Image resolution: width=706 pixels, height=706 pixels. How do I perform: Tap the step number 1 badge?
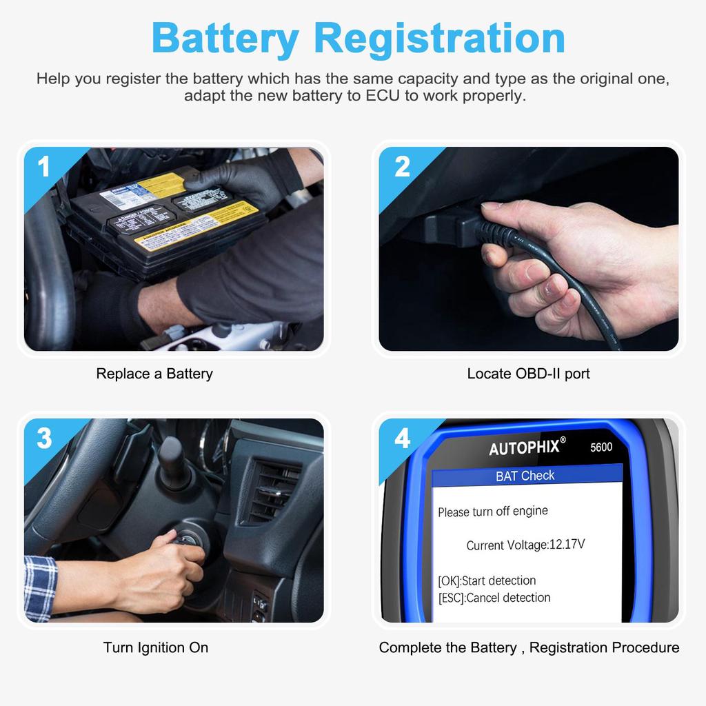pos(44,167)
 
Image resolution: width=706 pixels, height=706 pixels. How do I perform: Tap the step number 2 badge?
pos(402,167)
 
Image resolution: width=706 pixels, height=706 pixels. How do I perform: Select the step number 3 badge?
pos(44,438)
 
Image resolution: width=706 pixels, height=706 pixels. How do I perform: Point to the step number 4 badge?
pos(402,438)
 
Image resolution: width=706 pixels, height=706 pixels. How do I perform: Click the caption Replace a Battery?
pos(154,374)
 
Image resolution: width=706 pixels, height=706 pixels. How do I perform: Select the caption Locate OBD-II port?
pos(528,374)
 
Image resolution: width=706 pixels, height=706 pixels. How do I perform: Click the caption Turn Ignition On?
pos(156,647)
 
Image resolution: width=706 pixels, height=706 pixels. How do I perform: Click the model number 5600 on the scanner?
pos(601,447)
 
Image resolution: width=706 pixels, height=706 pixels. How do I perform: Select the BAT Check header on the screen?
pos(525,476)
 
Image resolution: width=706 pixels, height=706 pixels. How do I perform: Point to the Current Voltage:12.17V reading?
pos(525,545)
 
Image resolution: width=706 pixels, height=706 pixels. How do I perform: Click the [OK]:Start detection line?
pos(487,581)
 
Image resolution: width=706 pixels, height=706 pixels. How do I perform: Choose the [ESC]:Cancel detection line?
pos(494,598)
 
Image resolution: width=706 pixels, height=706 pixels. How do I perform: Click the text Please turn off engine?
pos(493,512)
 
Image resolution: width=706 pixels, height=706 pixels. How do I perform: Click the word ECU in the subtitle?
pos(381,96)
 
